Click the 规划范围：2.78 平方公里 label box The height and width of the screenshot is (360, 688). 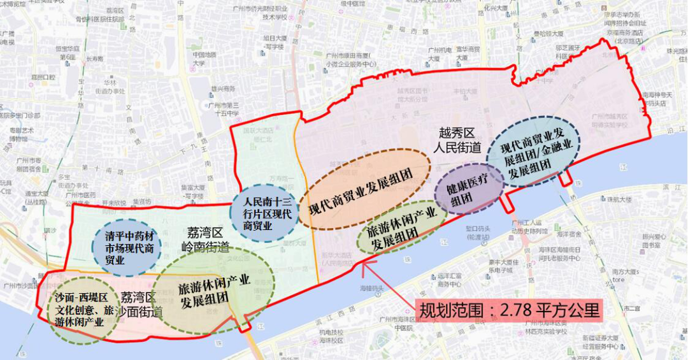[x=510, y=311]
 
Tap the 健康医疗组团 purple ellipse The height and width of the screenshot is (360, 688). [x=468, y=190]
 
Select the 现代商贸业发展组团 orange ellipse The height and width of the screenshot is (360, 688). [x=365, y=189]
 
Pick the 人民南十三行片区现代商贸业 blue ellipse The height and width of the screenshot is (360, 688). [x=262, y=213]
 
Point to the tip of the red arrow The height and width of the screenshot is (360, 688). [x=361, y=261]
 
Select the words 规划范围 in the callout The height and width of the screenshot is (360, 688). [x=449, y=311]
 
